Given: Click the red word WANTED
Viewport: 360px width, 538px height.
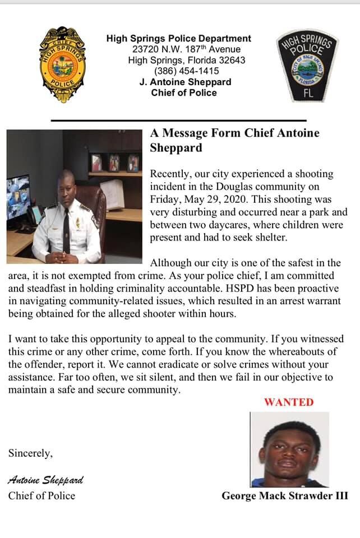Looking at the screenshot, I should point(289,402).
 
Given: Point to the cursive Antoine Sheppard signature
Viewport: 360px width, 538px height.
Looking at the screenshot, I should point(45,480).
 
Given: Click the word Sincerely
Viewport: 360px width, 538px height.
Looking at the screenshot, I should point(31,453).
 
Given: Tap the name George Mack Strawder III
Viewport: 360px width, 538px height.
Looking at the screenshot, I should point(285,495).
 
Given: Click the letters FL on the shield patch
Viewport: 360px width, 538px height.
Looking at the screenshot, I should point(308,94).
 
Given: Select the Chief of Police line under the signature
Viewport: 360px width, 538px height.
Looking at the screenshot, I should point(41,495).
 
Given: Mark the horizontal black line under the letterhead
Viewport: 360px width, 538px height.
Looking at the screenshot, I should point(178,120).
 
